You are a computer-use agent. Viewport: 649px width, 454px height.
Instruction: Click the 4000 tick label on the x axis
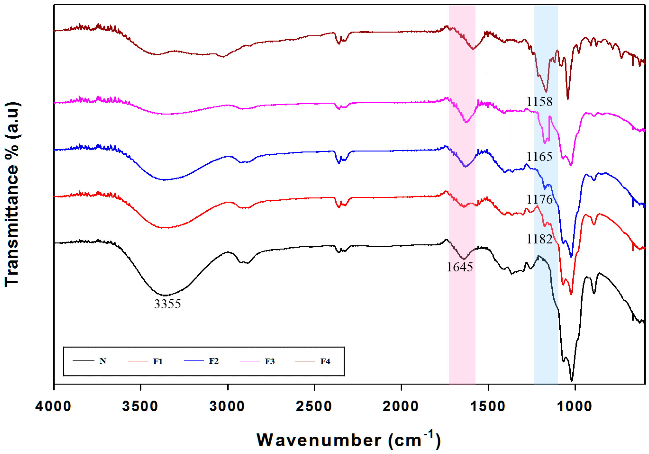tap(53, 407)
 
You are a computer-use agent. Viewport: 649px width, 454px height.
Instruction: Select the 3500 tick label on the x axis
tap(140, 407)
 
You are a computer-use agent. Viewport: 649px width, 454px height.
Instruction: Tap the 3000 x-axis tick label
tap(227, 407)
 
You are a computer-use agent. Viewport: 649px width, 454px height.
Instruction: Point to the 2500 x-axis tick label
tap(314, 407)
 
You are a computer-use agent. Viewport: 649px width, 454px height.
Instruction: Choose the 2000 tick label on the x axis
tap(401, 407)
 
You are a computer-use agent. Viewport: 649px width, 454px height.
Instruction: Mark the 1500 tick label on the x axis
tap(488, 407)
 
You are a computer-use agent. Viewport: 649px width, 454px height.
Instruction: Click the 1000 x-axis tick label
tap(574, 407)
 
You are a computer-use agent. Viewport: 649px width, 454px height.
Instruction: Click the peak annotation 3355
tap(167, 304)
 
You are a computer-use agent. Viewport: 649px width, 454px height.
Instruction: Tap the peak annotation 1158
tap(539, 102)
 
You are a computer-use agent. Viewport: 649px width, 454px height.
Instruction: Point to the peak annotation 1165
tap(539, 157)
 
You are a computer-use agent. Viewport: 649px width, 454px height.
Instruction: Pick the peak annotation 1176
tap(539, 200)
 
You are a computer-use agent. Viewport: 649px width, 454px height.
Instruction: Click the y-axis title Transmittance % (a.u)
tap(12, 194)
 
